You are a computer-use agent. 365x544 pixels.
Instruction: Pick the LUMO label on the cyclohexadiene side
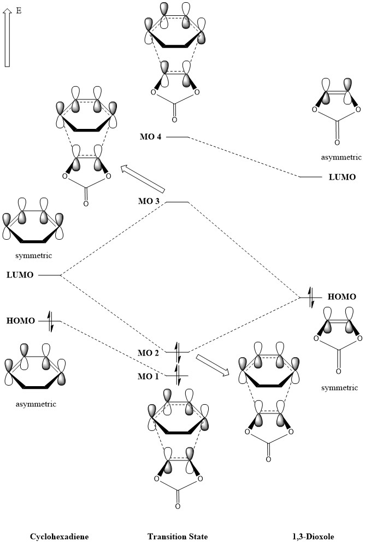pos(20,275)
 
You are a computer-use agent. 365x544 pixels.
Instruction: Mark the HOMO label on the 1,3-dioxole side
pos(342,297)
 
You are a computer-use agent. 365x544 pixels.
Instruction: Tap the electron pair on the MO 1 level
pos(178,376)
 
